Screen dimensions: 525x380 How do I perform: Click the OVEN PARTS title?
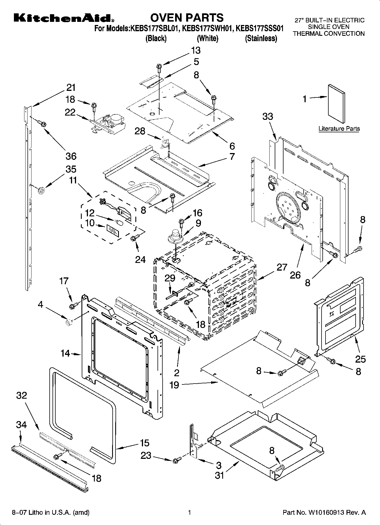(187, 18)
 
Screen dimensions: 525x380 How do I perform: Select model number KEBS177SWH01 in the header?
(207, 28)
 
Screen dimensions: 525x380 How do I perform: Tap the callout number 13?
(196, 50)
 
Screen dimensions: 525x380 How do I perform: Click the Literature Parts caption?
(339, 129)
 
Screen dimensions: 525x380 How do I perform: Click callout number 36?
(71, 156)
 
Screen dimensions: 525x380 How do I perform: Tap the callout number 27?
(282, 267)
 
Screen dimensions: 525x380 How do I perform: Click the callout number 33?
(268, 116)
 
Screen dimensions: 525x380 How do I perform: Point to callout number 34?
(21, 425)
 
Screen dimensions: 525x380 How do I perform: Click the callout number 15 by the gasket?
(144, 443)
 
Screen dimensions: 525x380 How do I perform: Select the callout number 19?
(174, 385)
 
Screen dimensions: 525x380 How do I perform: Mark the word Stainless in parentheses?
(261, 38)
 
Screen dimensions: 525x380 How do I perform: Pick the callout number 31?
(219, 475)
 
